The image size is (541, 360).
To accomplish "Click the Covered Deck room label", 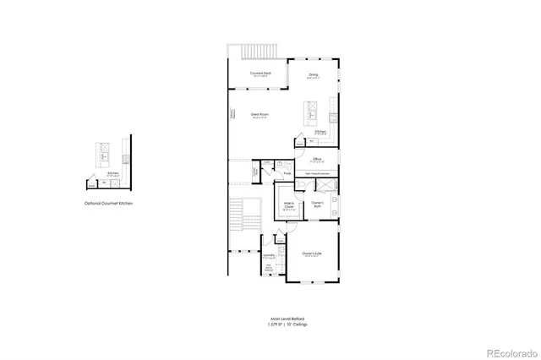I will coord(260,74).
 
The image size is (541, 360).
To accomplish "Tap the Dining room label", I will coord(313,76).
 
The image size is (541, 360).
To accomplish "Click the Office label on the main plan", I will coord(317,159).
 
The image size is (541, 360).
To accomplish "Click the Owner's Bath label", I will coord(318,204).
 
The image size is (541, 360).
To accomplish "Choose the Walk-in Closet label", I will coord(289,205).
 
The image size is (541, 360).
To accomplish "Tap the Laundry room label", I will coord(269,254).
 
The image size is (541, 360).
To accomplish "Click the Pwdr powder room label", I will coord(287,175).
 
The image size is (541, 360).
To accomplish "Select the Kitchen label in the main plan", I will coord(320,132).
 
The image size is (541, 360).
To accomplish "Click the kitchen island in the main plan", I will coord(309,112).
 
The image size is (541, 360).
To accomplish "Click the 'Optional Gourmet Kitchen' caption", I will coord(108,204).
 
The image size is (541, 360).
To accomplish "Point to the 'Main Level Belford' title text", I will coord(281,319).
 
